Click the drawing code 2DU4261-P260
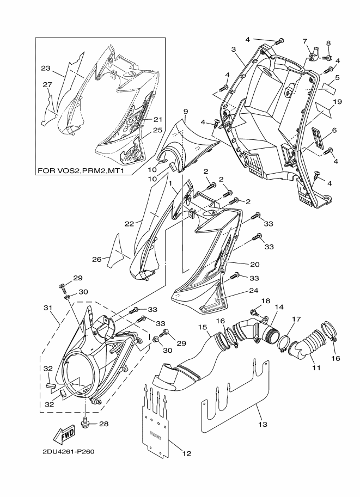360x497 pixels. [x=69, y=452]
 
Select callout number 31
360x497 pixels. [x=47, y=308]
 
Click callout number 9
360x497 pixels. [x=186, y=112]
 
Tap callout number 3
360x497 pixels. [x=233, y=50]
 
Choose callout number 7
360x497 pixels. [x=304, y=41]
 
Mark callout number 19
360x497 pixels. [x=337, y=102]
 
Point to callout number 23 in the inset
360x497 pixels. [x=46, y=68]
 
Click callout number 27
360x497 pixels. [x=47, y=84]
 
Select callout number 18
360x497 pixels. [x=265, y=301]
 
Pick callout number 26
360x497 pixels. [x=96, y=259]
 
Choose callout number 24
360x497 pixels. [x=254, y=290]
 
